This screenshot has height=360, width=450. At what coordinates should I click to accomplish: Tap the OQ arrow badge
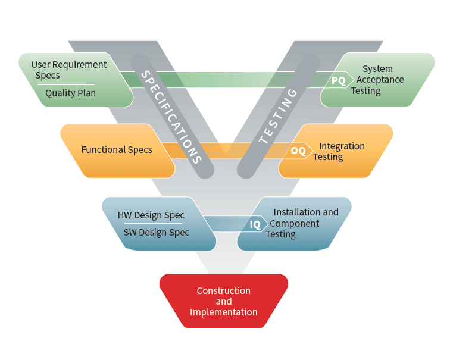pyautogui.click(x=299, y=151)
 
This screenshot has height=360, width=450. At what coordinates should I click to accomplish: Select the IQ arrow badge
pyautogui.click(x=255, y=224)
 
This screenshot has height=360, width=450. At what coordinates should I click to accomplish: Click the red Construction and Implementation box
pyautogui.click(x=224, y=301)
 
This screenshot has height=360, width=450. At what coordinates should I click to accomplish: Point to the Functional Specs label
pyautogui.click(x=117, y=149)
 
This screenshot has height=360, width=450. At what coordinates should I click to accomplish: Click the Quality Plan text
pyautogui.click(x=70, y=93)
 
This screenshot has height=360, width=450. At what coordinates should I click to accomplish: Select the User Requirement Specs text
pyautogui.click(x=68, y=70)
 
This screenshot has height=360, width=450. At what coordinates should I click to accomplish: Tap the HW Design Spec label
pyautogui.click(x=151, y=215)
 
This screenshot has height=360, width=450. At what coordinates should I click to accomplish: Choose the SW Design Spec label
pyautogui.click(x=156, y=232)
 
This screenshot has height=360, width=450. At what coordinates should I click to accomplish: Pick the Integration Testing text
pyautogui.click(x=340, y=151)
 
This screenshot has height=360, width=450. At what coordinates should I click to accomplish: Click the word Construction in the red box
pyautogui.click(x=224, y=291)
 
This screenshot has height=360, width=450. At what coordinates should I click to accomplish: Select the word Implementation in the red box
pyautogui.click(x=224, y=312)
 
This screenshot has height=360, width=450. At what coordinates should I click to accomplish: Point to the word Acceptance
pyautogui.click(x=380, y=80)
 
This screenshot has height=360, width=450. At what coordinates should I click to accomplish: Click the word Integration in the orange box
pyautogui.click(x=342, y=146)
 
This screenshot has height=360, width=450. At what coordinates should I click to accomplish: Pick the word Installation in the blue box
pyautogui.click(x=298, y=212)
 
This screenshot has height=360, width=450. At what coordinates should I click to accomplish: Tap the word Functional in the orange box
pyautogui.click(x=102, y=149)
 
